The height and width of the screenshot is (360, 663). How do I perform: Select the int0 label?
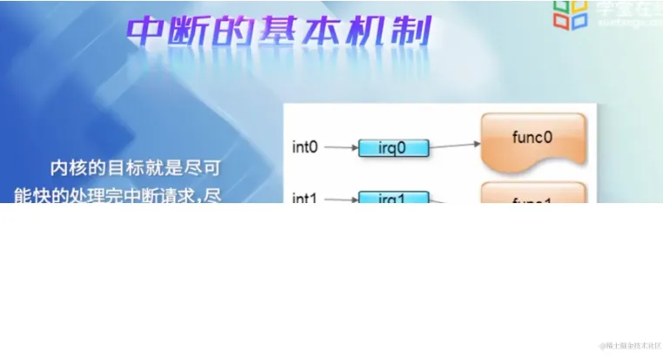[306, 147]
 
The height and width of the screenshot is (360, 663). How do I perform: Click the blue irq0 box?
[394, 148]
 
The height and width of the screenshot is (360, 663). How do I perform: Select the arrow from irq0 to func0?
[456, 146]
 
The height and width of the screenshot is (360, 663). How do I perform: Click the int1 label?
[306, 197]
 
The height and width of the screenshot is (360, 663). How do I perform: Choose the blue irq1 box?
[394, 198]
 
